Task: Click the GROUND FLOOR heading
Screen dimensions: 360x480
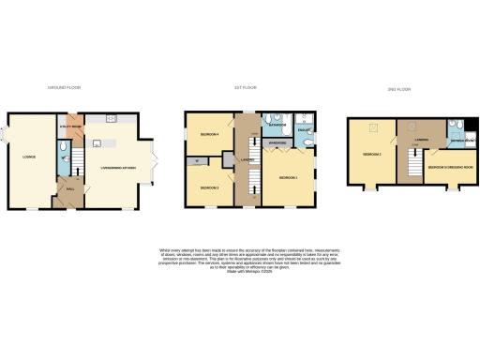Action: tap(66, 87)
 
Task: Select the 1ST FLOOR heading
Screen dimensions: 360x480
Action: tap(247, 87)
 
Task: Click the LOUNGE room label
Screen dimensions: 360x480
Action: tap(29, 157)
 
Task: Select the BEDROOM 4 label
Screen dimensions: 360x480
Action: tap(208, 134)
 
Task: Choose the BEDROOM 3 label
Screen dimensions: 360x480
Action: tap(209, 187)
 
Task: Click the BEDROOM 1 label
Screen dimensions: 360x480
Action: tap(287, 177)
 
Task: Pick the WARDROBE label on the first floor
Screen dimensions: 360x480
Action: tap(277, 143)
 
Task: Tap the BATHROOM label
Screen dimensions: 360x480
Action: tap(277, 125)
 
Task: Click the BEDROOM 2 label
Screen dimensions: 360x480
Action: tap(372, 154)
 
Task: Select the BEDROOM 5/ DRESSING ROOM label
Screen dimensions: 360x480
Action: tap(445, 166)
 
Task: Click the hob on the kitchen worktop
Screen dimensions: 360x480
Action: tap(111, 118)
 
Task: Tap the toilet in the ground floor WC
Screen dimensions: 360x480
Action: tap(63, 148)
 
